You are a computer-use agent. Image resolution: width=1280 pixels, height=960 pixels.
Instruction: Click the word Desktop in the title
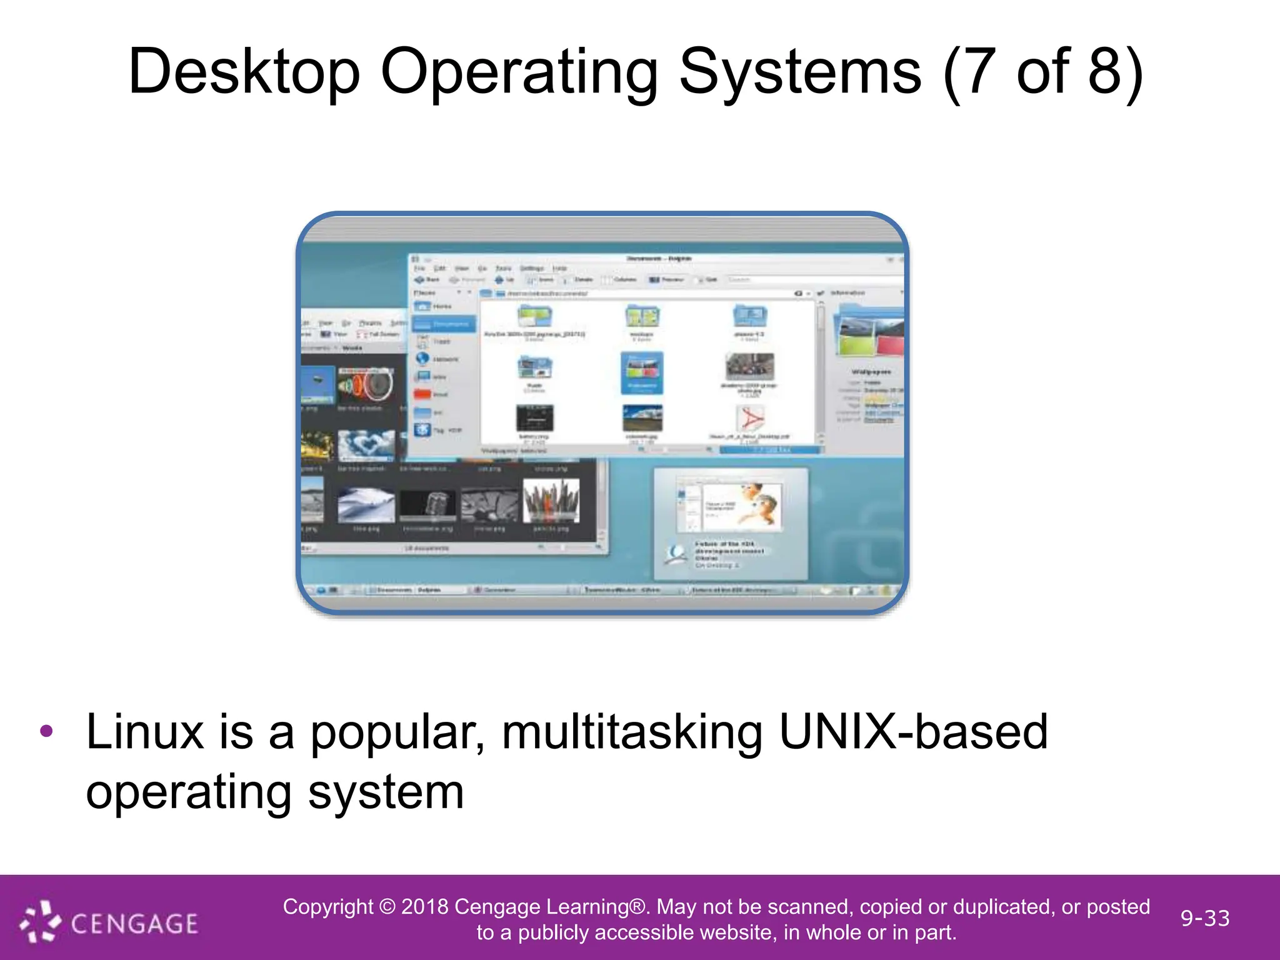click(x=244, y=72)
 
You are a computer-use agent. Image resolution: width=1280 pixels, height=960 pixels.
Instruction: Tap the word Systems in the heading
click(x=799, y=72)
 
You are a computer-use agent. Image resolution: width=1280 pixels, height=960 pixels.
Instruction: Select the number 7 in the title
click(x=977, y=72)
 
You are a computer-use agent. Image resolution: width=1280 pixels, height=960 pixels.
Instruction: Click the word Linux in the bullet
click(x=144, y=732)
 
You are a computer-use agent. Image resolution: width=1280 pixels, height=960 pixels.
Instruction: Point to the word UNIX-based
click(x=913, y=732)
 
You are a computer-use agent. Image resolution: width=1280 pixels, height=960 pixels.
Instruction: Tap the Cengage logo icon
click(x=40, y=921)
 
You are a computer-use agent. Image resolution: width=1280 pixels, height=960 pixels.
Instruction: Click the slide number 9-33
click(x=1205, y=918)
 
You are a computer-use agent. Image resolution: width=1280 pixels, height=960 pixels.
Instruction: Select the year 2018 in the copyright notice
click(x=424, y=907)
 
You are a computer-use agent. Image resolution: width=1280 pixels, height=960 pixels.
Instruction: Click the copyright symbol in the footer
click(x=387, y=907)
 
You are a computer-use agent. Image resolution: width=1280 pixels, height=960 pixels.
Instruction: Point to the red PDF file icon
click(x=750, y=419)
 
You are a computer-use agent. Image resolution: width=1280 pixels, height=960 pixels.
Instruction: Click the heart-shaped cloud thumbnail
click(x=366, y=445)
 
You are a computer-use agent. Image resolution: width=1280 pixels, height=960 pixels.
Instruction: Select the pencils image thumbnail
click(x=551, y=500)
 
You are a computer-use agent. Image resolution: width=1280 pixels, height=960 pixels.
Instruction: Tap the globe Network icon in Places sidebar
click(x=423, y=359)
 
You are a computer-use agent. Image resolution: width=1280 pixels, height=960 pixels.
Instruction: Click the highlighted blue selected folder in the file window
click(x=642, y=372)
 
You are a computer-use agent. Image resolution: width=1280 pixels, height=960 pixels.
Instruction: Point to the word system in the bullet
click(x=386, y=792)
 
